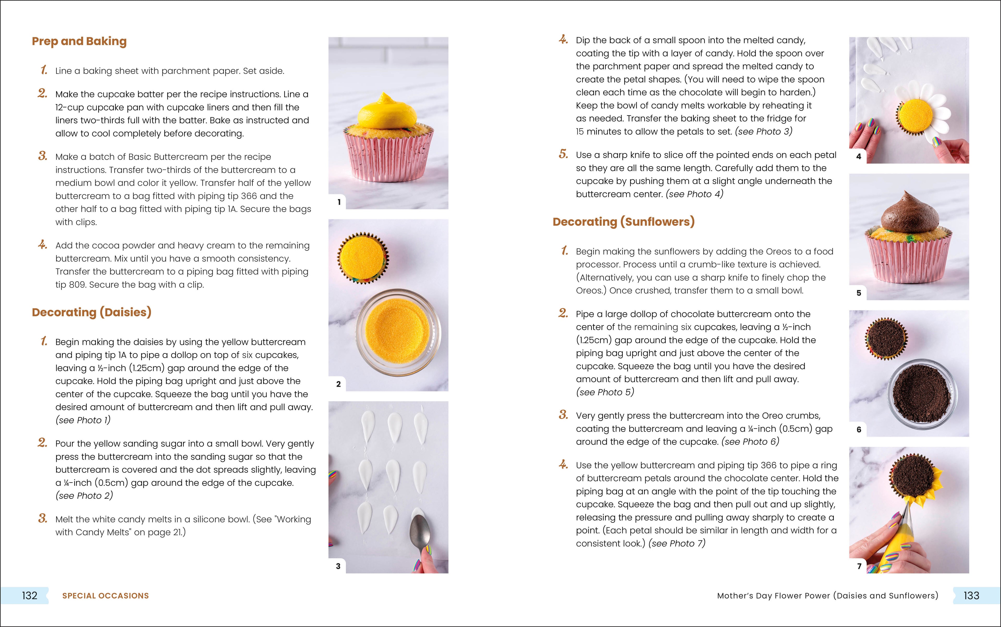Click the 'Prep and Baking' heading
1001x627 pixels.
pyautogui.click(x=79, y=41)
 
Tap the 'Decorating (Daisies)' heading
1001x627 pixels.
pyautogui.click(x=91, y=312)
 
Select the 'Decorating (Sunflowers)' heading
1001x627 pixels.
pyautogui.click(x=623, y=222)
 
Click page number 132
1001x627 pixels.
pyautogui.click(x=29, y=595)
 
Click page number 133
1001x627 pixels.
pyautogui.click(x=971, y=595)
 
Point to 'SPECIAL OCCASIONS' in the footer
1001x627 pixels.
pyautogui.click(x=105, y=596)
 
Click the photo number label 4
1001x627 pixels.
pyautogui.click(x=858, y=156)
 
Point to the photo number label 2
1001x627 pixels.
pyautogui.click(x=339, y=384)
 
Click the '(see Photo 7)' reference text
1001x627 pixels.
pyautogui.click(x=676, y=544)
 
